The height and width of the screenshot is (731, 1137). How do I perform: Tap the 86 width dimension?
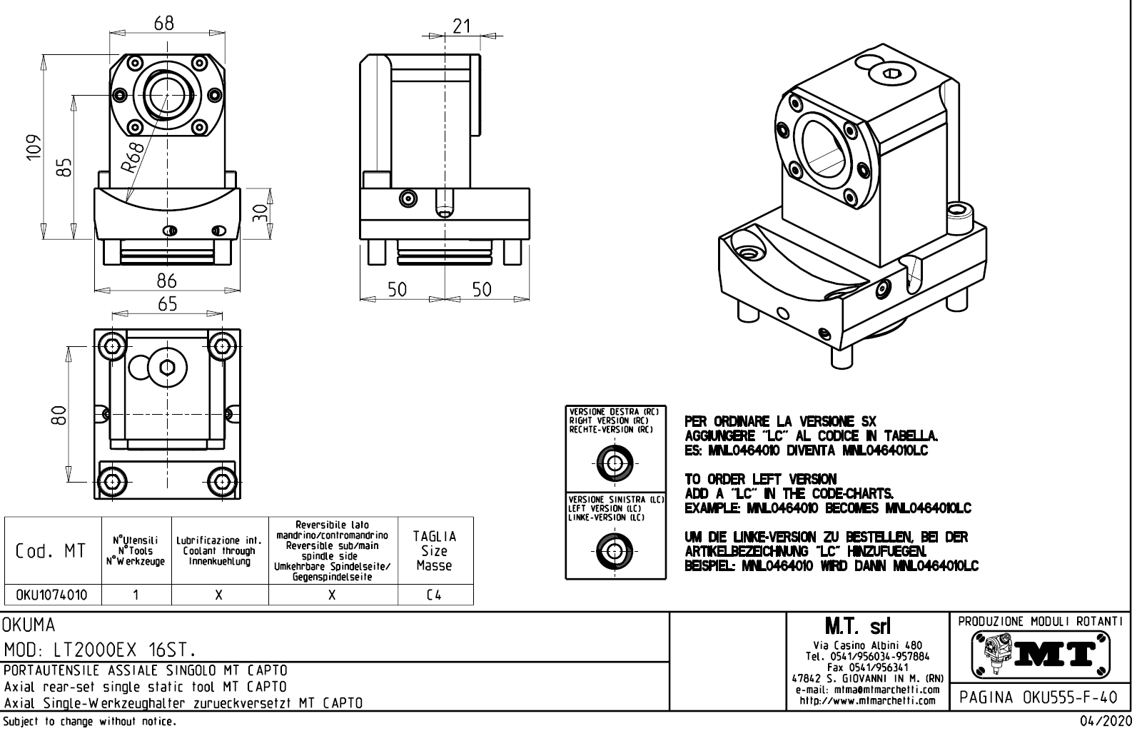[x=166, y=281]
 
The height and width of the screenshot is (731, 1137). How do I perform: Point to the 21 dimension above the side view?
[x=462, y=26]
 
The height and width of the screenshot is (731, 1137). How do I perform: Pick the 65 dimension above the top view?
[x=167, y=304]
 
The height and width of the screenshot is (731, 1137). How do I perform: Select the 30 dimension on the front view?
[x=262, y=212]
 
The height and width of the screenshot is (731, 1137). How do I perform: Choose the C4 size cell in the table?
[x=434, y=595]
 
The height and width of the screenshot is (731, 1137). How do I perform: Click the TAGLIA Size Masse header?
[x=434, y=550]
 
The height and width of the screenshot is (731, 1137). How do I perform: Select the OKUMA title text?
[x=29, y=626]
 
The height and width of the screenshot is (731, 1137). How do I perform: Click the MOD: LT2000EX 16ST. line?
[x=100, y=650]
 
